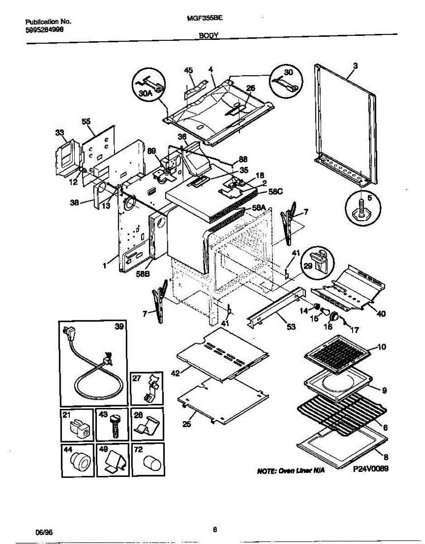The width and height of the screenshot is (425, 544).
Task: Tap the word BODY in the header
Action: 209,34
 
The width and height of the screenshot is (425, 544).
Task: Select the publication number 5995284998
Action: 44,29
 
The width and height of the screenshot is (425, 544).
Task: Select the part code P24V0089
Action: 370,470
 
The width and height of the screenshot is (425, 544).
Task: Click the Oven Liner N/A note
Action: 290,471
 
